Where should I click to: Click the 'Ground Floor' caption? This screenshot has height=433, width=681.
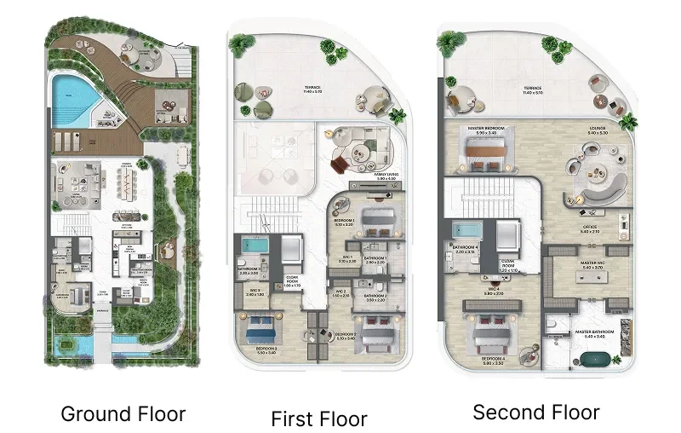[123, 415]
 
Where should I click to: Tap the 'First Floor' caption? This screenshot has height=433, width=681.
[318, 419]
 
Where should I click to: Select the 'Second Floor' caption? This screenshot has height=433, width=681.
[536, 413]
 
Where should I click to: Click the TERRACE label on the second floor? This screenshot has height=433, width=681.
[533, 88]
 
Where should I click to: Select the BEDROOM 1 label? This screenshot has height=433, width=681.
[345, 222]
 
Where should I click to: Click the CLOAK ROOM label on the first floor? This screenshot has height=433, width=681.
[292, 281]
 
